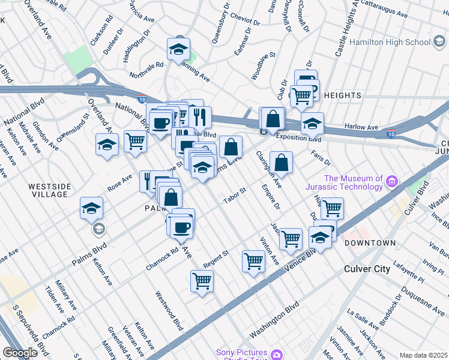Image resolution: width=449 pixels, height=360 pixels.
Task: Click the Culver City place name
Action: (x=367, y=269)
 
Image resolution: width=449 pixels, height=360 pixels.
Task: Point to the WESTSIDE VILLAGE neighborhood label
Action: (x=50, y=190)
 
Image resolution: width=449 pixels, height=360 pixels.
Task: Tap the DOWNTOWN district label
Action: (x=370, y=242)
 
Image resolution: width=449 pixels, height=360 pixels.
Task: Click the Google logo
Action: (x=20, y=353)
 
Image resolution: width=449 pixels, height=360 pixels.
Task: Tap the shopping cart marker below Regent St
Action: (x=202, y=280)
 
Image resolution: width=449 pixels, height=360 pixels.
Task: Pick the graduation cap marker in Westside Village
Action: (x=92, y=208)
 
